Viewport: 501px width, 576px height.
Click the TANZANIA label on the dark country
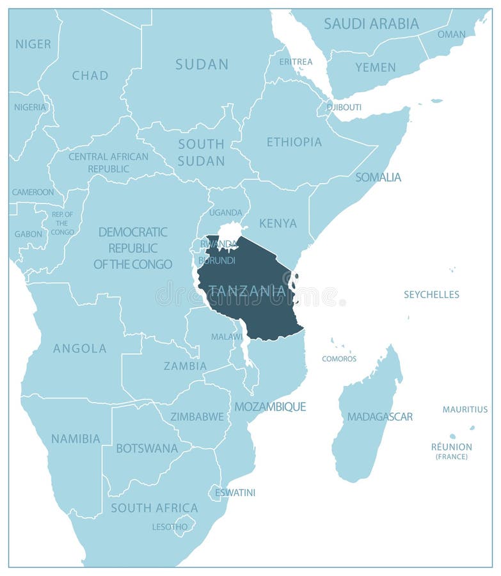click(x=247, y=291)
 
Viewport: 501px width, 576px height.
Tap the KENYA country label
click(x=278, y=223)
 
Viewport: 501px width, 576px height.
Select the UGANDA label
click(x=225, y=212)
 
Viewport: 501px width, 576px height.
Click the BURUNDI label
click(x=216, y=260)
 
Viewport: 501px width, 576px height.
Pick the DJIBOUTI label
click(x=344, y=107)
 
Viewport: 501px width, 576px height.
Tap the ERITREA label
click(x=296, y=61)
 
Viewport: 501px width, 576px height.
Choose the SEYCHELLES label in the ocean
click(x=431, y=294)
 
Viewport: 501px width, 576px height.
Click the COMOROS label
click(x=339, y=358)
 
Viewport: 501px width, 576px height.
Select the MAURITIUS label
click(x=465, y=409)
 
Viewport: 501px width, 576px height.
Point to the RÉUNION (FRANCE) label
click(x=451, y=451)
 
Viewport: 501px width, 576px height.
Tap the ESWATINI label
click(x=235, y=492)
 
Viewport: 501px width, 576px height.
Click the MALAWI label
click(x=227, y=336)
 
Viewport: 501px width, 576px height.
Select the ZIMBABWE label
click(x=197, y=417)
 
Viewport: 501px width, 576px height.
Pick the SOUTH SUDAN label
click(x=201, y=152)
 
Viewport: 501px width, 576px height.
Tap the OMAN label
click(x=451, y=34)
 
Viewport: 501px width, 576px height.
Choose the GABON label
click(x=28, y=234)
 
